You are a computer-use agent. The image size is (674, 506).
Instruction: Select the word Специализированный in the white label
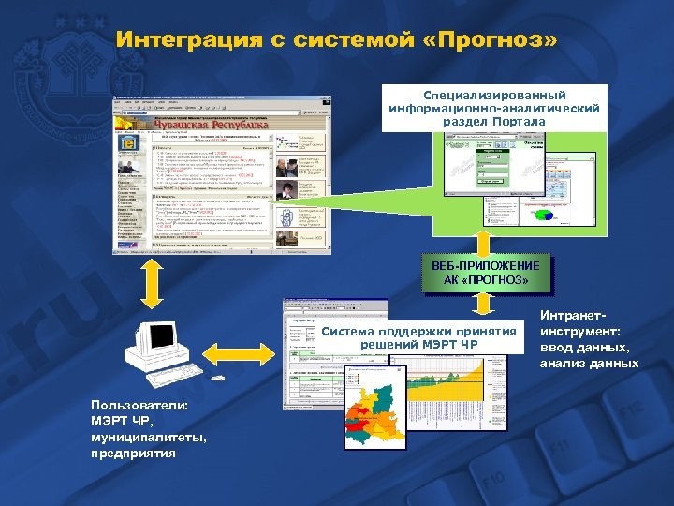click(494, 96)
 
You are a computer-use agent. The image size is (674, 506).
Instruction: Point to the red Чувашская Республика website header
click(210, 124)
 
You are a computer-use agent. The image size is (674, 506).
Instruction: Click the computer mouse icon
click(219, 379)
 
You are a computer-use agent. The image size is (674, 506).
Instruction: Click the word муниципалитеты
click(139, 438)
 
